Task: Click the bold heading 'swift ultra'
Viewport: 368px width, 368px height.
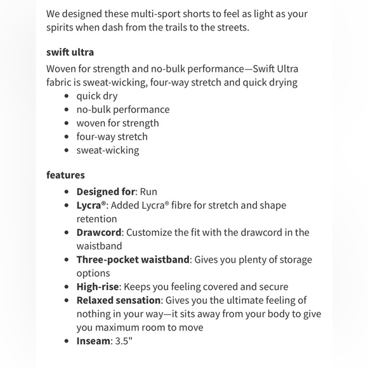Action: click(x=70, y=52)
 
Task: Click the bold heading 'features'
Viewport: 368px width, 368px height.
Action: click(x=65, y=174)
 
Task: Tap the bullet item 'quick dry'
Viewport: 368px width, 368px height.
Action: click(x=97, y=96)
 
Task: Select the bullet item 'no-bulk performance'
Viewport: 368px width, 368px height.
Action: click(x=123, y=109)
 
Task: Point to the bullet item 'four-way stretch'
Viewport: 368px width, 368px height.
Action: click(x=112, y=136)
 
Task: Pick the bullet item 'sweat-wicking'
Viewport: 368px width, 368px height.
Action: click(x=107, y=150)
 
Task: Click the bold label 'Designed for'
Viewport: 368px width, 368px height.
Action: click(x=105, y=192)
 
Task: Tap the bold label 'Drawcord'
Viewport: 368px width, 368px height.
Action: click(x=99, y=232)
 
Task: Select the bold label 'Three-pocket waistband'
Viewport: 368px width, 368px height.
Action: click(x=133, y=260)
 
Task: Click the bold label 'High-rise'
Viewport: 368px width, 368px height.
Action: click(x=98, y=287)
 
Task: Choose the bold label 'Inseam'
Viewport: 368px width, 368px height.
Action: click(x=93, y=341)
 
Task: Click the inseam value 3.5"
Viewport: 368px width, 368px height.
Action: click(x=123, y=341)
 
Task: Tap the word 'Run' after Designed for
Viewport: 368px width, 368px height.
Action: click(x=148, y=192)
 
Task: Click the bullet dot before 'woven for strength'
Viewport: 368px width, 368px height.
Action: click(x=67, y=123)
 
